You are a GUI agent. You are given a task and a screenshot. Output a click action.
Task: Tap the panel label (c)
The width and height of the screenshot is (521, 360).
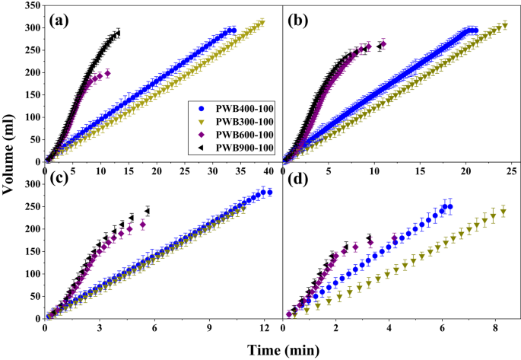tap(59, 178)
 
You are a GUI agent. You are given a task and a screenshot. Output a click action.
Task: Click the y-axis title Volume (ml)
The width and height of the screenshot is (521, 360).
tap(8, 155)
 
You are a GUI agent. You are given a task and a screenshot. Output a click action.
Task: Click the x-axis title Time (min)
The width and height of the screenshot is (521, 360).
tap(284, 350)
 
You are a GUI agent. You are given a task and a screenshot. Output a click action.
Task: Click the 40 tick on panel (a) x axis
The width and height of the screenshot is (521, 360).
tap(268, 171)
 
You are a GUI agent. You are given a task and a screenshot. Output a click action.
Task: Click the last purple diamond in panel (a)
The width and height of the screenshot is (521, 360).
tap(108, 73)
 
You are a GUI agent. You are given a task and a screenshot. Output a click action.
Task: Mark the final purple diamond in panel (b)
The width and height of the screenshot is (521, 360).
tap(383, 44)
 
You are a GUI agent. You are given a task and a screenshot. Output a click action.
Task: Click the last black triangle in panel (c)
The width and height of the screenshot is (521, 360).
tap(148, 211)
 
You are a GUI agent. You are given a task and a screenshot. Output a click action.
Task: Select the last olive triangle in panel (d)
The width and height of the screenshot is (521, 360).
tap(503, 212)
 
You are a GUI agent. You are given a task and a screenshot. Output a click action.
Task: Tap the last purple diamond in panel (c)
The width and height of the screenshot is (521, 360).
tap(143, 225)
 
